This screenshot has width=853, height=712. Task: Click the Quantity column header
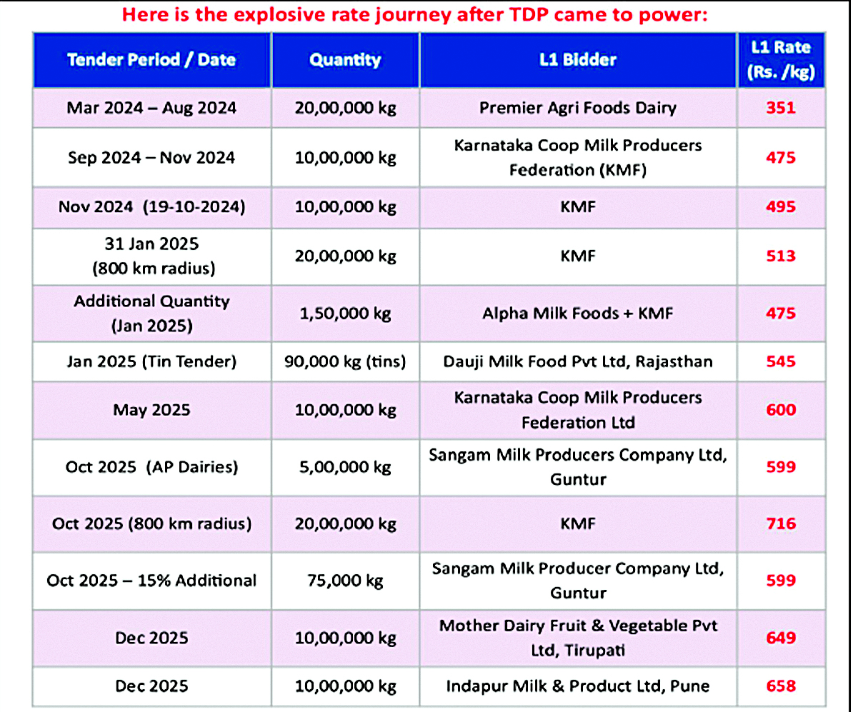click(x=345, y=60)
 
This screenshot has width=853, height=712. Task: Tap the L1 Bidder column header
click(x=578, y=60)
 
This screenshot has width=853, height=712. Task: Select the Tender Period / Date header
click(x=151, y=60)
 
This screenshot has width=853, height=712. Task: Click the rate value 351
click(x=780, y=109)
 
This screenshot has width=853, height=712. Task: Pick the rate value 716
click(x=780, y=523)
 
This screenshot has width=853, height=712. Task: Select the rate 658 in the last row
click(x=780, y=686)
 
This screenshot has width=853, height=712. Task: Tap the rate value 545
click(x=780, y=361)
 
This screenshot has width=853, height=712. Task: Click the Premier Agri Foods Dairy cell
click(x=578, y=109)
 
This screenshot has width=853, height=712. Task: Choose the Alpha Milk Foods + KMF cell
click(x=578, y=314)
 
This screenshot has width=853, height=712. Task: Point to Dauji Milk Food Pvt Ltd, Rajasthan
click(x=578, y=361)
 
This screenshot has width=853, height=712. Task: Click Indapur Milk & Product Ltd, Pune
click(x=578, y=686)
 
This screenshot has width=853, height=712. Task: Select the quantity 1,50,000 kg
click(x=345, y=314)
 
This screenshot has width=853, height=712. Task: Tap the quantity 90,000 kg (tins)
click(x=345, y=361)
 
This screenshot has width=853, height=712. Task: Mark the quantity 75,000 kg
click(x=345, y=581)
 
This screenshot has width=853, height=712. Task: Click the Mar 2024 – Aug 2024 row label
click(x=151, y=109)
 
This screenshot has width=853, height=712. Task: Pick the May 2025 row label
click(x=151, y=410)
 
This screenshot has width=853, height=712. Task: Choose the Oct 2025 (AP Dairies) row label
click(x=151, y=467)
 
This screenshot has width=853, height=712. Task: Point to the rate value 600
click(x=780, y=410)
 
